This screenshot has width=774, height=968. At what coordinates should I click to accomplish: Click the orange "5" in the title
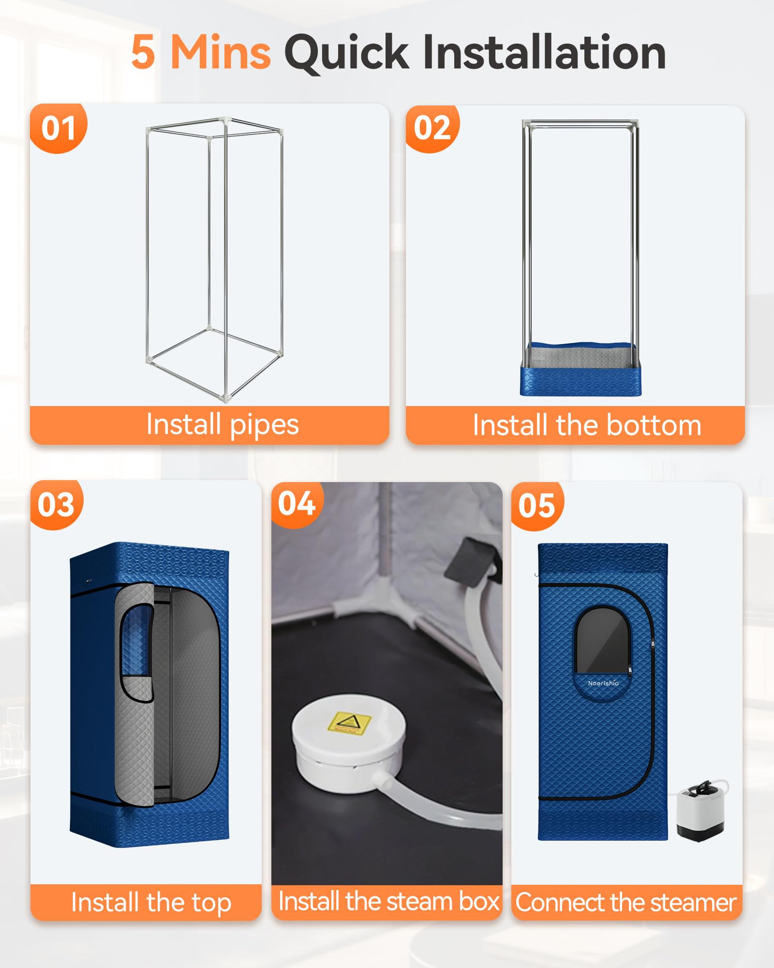pos(143,52)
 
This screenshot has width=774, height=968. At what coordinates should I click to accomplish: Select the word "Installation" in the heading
pos(544,52)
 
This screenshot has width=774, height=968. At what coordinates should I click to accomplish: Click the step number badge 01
pos(59,128)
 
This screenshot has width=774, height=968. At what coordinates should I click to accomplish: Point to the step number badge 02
pos(432,129)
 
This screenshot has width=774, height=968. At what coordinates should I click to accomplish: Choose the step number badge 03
pos(57,504)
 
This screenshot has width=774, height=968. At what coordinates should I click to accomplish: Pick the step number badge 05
pos(537,506)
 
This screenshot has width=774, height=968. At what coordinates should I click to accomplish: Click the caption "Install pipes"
pos(223,424)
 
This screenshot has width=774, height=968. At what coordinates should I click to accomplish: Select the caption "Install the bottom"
pos(587,425)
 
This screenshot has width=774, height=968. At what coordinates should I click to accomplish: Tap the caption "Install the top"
pos(151,902)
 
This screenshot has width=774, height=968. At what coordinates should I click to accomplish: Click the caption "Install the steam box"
pos(388,901)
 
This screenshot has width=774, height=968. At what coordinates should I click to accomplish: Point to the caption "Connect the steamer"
pos(626,902)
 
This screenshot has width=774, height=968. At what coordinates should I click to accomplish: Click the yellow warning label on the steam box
pos(349,723)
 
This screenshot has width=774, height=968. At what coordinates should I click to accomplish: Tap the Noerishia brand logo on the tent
pos(603,683)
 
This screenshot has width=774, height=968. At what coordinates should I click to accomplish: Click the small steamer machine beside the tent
pos(701,809)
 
